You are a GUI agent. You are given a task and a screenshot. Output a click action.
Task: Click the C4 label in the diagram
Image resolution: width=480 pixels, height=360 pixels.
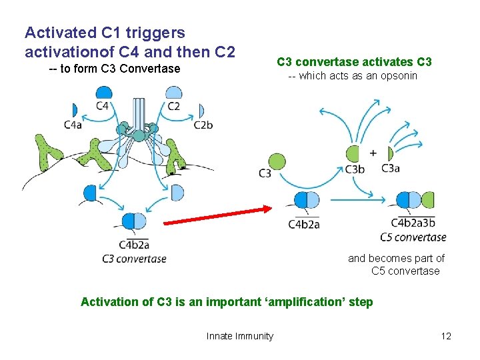(103, 106)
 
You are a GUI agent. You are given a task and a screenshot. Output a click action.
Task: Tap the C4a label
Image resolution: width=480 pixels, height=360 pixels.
(73, 125)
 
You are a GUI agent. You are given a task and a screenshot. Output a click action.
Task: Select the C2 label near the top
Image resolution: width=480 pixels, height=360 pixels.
(173, 106)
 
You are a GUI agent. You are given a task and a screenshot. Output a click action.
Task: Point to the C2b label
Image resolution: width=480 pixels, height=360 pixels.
(203, 125)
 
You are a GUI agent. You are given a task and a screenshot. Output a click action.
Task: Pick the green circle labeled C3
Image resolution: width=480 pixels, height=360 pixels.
(277, 161)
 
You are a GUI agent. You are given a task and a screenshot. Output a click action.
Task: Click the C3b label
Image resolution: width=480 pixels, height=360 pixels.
(355, 169)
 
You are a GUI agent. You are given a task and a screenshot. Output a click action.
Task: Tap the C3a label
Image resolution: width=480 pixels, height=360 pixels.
(390, 169)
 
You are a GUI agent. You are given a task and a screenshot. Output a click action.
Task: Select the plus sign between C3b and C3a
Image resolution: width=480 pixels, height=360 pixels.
(373, 153)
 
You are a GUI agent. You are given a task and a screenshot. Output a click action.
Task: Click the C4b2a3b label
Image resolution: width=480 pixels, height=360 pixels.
(413, 223)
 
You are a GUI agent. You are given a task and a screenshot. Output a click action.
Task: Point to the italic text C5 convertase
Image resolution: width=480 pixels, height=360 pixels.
(413, 237)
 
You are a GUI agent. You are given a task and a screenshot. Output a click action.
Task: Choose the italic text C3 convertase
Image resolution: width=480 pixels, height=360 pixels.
(134, 259)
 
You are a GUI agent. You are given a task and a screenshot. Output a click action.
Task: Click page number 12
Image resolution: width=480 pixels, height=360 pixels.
(446, 336)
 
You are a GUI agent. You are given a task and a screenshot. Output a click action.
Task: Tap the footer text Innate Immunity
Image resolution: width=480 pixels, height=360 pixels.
(239, 336)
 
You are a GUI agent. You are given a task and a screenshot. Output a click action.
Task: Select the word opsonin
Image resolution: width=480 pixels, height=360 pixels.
(399, 76)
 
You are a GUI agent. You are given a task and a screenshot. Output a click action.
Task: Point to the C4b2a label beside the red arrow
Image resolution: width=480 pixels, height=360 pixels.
(304, 224)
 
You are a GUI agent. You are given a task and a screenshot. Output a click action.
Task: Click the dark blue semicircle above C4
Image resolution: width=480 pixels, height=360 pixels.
(103, 93)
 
